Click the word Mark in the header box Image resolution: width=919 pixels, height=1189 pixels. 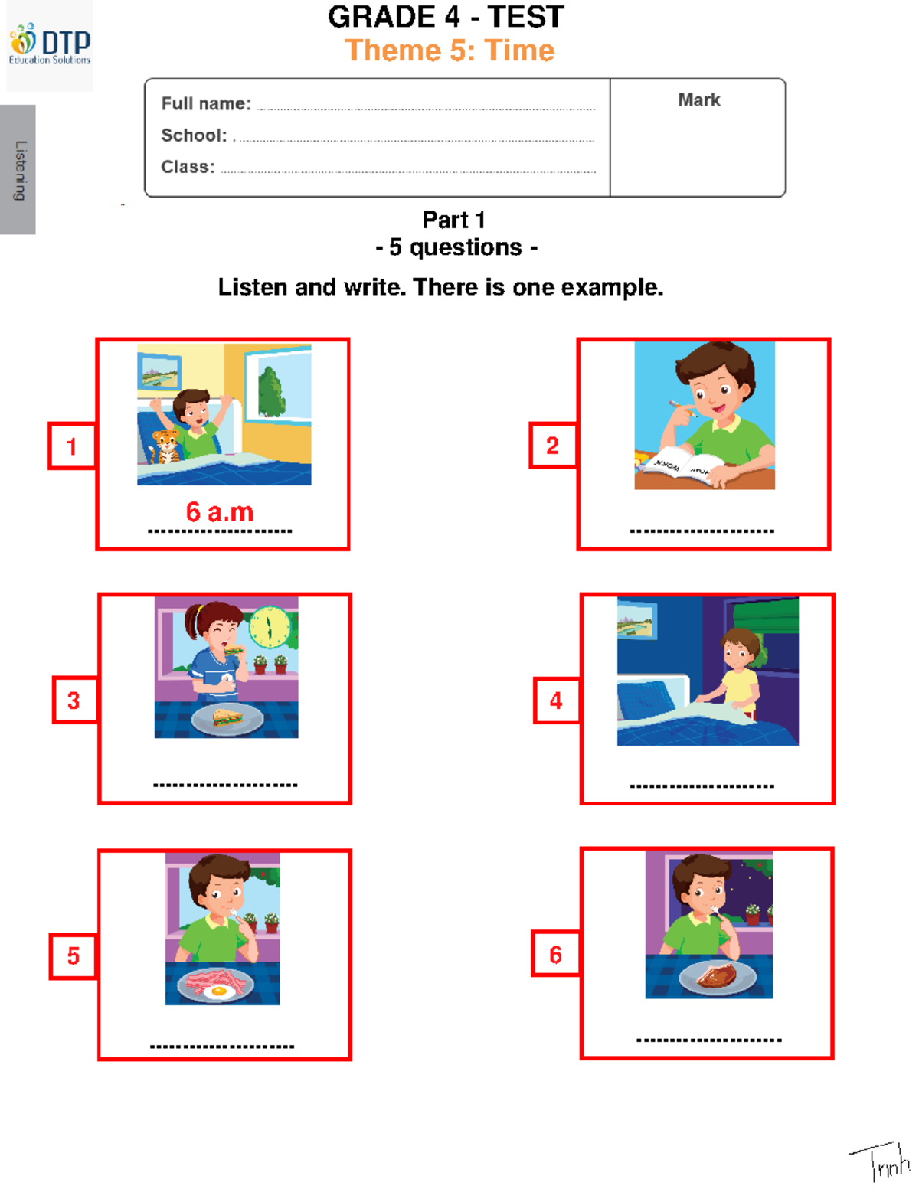698,100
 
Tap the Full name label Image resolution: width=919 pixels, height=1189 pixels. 205,103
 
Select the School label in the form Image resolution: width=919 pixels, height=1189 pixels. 194,136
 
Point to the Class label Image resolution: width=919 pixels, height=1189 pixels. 188,167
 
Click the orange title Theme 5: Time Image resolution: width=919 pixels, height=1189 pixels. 450,51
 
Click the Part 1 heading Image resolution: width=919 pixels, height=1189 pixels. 453,220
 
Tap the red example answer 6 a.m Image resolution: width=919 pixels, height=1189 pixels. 220,511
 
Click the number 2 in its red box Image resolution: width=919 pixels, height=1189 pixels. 552,446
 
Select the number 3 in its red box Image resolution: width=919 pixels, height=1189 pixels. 74,700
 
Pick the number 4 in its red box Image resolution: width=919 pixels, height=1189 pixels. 556,700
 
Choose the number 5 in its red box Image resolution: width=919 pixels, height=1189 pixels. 74,955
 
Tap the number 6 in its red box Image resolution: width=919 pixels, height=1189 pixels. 555,955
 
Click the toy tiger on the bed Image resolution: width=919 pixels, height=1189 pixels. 165,446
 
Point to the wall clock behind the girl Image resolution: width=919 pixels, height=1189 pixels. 270,626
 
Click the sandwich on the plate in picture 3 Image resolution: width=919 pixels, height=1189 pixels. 227,717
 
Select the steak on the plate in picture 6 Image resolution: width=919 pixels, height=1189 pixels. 717,975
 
